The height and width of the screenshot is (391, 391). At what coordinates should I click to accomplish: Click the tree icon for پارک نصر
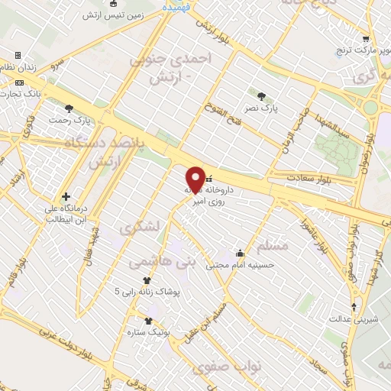(263, 96)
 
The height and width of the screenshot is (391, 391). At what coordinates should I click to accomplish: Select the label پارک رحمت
(69, 121)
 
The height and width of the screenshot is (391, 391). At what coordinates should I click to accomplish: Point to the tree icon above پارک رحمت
(69, 108)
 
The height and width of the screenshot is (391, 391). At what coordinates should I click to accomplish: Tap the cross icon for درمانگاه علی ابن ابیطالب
(66, 196)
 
